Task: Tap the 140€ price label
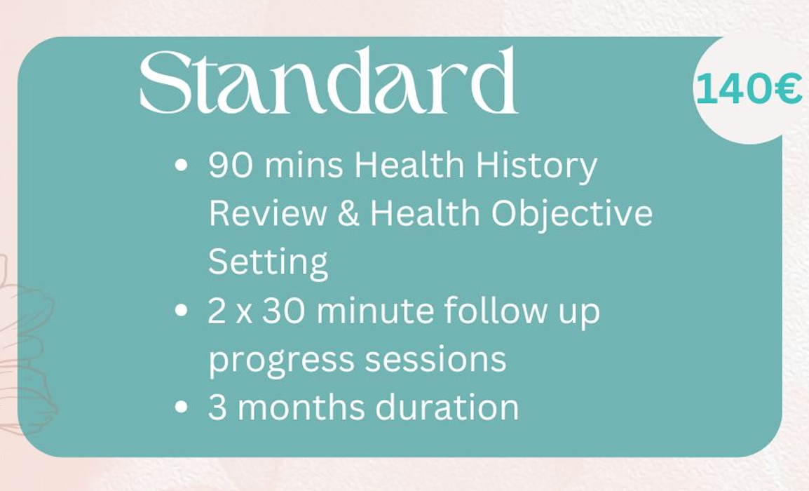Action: pyautogui.click(x=749, y=88)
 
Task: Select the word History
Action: pyautogui.click(x=536, y=166)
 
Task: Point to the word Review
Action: pyautogui.click(x=268, y=213)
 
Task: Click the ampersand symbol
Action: pyautogui.click(x=349, y=213)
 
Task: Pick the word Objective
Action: pyautogui.click(x=571, y=214)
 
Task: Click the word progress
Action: pyautogui.click(x=281, y=361)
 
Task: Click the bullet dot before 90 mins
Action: pyautogui.click(x=181, y=166)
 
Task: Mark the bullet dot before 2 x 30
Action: pyautogui.click(x=181, y=310)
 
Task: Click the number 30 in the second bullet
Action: pyautogui.click(x=283, y=310)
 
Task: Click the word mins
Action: pyautogui.click(x=304, y=166)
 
